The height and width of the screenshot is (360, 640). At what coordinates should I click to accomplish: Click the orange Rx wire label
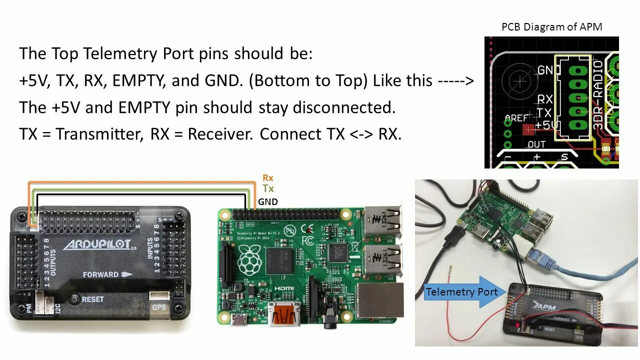click(x=268, y=178)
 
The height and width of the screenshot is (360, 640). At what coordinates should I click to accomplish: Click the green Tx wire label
click(x=268, y=189)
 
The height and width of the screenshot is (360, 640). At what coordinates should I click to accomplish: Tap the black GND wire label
click(x=267, y=202)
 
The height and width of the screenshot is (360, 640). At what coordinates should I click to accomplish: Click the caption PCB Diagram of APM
click(x=551, y=27)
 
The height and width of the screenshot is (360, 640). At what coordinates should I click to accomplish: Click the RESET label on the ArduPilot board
click(x=92, y=299)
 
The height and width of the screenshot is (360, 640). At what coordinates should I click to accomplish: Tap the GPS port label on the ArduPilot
click(x=159, y=307)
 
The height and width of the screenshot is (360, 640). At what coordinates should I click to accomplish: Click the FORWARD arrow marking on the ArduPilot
click(x=107, y=274)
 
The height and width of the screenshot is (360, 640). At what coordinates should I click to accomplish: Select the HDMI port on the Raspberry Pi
click(x=284, y=313)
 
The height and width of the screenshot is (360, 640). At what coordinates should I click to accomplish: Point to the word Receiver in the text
click(x=219, y=134)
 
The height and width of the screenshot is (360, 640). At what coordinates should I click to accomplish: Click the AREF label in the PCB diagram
click(x=516, y=118)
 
